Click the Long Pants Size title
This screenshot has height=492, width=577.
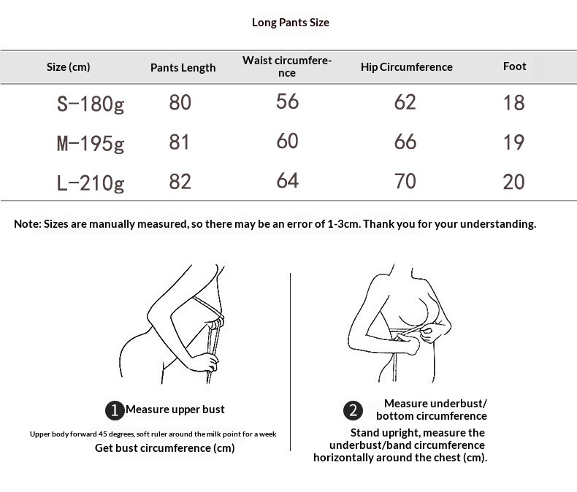[x=291, y=23]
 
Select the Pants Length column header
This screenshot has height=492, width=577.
[x=183, y=68]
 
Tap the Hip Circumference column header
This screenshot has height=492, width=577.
[x=407, y=67]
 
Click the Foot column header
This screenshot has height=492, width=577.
[x=514, y=66]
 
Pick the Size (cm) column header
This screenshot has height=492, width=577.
[x=69, y=67]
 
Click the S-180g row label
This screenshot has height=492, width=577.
[x=91, y=104]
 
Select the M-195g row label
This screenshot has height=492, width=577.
[x=91, y=143]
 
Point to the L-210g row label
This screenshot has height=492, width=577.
[x=91, y=182]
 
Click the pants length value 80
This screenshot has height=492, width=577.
[x=180, y=102]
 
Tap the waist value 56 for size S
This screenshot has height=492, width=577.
[x=287, y=101]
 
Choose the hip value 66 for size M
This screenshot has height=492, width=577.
[x=405, y=142]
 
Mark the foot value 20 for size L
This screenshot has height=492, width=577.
[x=513, y=182]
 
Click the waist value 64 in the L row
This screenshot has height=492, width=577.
[x=287, y=180]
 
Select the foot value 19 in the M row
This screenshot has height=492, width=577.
[x=513, y=142]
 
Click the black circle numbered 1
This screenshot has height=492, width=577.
[x=115, y=410]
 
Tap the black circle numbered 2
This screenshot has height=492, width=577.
[x=354, y=410]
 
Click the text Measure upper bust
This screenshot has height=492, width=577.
[x=175, y=410]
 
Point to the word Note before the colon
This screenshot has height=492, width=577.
[x=26, y=224]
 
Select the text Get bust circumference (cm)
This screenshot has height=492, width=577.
[x=165, y=448]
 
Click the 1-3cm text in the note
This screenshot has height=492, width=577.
[x=343, y=224]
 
